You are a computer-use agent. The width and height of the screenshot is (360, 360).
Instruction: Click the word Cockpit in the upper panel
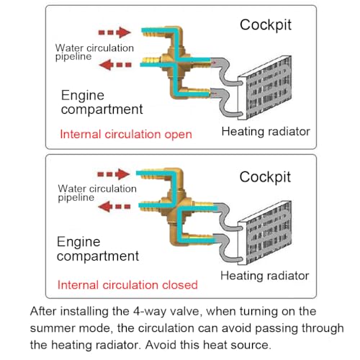(x=266, y=25)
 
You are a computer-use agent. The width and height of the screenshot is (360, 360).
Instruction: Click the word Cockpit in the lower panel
(x=265, y=177)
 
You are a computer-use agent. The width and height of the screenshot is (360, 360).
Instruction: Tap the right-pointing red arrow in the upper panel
(x=114, y=32)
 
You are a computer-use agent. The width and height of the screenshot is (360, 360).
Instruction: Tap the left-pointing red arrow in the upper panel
(x=115, y=65)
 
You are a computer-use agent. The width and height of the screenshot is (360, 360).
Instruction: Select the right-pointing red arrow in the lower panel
(x=114, y=174)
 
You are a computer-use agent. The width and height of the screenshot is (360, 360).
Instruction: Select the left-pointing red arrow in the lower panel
(x=114, y=207)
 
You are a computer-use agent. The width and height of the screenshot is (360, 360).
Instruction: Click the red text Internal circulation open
(x=126, y=134)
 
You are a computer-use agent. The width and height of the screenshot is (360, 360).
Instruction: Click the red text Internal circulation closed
(x=127, y=285)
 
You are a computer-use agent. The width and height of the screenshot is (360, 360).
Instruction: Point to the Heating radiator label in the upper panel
(x=266, y=132)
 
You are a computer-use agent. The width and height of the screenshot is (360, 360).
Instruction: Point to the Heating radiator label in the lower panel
(x=265, y=276)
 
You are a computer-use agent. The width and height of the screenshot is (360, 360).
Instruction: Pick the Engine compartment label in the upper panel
(x=102, y=102)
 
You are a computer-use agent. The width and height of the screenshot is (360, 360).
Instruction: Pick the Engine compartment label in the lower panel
(x=98, y=249)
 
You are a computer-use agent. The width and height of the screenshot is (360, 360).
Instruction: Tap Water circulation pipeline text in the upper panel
(x=94, y=53)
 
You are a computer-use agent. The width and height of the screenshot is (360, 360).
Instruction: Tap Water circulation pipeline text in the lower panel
(x=97, y=193)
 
